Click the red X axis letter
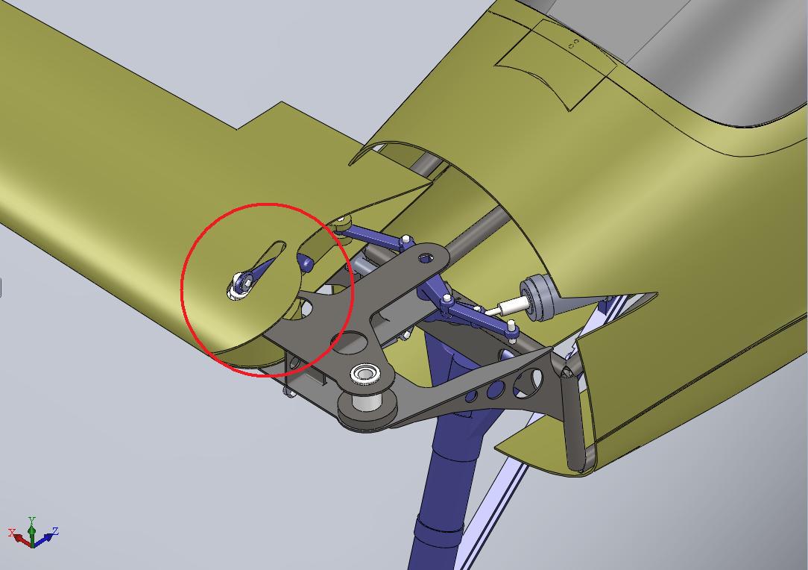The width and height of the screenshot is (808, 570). [x=11, y=533]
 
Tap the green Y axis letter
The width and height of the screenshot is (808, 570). [x=31, y=520]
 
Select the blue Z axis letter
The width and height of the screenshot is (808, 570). [x=55, y=530]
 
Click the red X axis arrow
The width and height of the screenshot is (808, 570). [x=22, y=540]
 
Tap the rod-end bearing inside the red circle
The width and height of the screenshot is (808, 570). [x=241, y=285]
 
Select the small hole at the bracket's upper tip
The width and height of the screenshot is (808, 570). [x=426, y=257]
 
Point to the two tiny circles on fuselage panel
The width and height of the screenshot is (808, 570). [x=573, y=43]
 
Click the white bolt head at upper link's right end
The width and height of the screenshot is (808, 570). [x=406, y=239]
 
